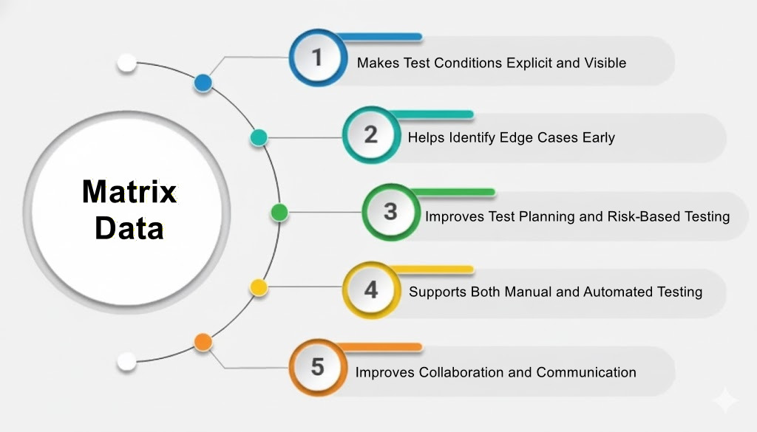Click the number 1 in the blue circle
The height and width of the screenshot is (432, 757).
click(317, 57)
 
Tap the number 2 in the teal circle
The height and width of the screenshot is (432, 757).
click(370, 134)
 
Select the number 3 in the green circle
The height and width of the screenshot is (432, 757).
click(390, 211)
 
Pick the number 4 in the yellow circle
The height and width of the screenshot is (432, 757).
click(370, 289)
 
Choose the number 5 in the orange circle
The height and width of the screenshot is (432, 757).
click(317, 366)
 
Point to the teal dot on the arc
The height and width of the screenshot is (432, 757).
click(258, 137)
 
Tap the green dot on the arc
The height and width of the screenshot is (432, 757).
click(279, 213)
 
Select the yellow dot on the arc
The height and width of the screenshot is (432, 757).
click(258, 287)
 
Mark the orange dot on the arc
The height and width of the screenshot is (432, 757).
click(203, 342)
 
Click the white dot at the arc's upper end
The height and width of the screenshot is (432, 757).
click(127, 63)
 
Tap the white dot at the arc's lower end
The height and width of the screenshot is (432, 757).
click(127, 362)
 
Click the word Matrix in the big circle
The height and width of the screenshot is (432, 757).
click(129, 192)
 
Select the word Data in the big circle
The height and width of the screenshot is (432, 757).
click(129, 228)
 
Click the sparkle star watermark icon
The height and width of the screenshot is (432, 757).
click(724, 400)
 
